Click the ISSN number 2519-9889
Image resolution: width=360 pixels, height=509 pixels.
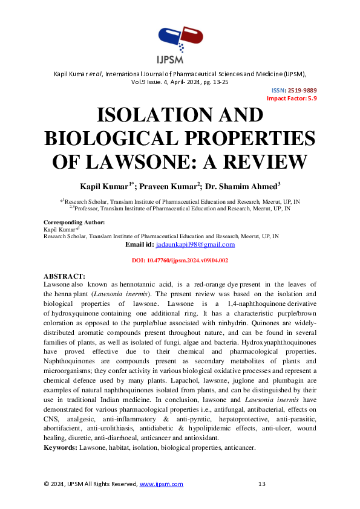coord(303,90)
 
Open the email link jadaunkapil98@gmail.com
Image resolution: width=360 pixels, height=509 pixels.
coord(195,244)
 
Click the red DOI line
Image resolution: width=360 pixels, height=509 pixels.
coord(180,260)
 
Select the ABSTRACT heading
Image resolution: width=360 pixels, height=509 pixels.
coord(65,276)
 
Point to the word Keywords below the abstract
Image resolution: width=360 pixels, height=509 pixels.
coord(60,447)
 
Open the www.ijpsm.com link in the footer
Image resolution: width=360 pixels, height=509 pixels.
coord(162,484)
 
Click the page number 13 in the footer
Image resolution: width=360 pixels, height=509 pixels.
coord(262,484)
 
